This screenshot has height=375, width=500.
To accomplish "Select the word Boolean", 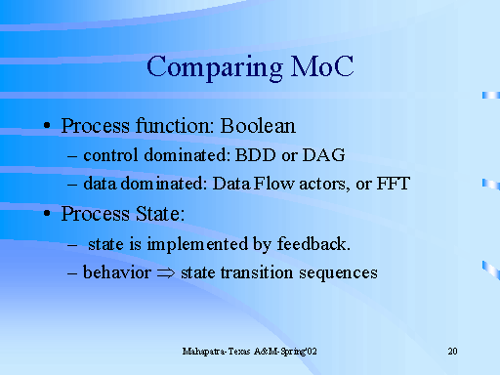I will pos(255,127).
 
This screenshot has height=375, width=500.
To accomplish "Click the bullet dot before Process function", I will pos(48,128).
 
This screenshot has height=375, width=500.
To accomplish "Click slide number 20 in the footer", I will pos(452,351).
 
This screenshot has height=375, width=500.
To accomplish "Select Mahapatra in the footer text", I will pos(207,351).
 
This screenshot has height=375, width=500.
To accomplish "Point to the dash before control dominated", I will pos(74,156).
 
